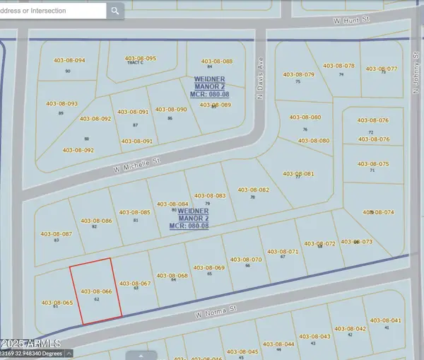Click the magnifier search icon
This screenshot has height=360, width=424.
click(x=115, y=11)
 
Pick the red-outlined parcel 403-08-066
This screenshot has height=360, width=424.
click(x=96, y=291)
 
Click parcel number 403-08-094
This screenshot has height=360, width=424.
click(x=69, y=61)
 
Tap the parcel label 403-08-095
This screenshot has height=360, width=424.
click(x=141, y=59)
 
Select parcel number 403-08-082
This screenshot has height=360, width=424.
click(x=254, y=190)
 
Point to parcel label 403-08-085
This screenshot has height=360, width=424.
click(x=135, y=212)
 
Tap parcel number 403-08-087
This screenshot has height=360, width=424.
click(x=57, y=233)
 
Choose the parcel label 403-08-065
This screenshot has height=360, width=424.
click(x=57, y=303)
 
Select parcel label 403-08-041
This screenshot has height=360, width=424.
click(x=386, y=320)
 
